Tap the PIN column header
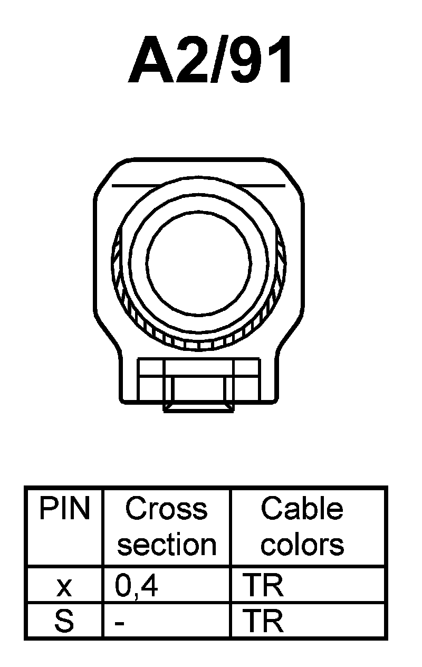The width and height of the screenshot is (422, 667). coord(64,510)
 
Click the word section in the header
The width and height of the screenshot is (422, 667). coord(166,545)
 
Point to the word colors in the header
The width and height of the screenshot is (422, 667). coord(302,545)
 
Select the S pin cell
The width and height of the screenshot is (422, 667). coord(64,622)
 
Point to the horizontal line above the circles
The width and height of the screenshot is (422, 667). coord(199,186)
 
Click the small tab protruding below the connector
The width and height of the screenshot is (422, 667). coord(199,408)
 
